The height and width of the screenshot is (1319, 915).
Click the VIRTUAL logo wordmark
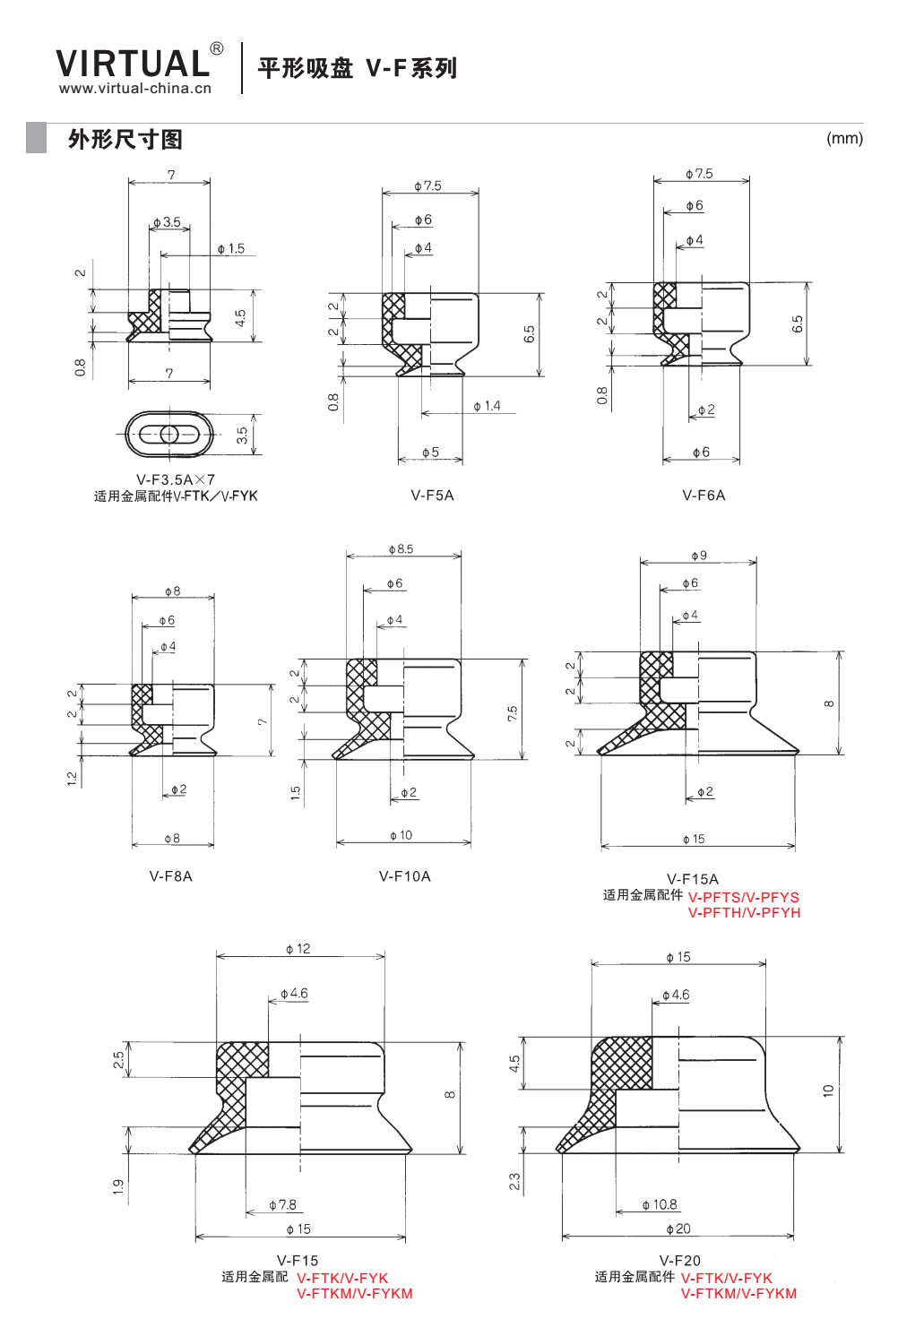coord(133,63)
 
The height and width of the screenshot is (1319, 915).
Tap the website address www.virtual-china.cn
coord(134,89)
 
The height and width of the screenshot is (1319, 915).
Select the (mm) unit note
coord(844,138)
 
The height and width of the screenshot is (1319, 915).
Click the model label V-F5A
coord(432,496)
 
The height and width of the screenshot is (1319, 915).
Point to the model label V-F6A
coord(704,496)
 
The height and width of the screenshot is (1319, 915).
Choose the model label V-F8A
coord(171,876)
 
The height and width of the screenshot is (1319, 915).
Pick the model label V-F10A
coord(404,876)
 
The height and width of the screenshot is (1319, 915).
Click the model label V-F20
coord(680,1261)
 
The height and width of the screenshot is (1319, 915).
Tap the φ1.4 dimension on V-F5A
coord(487,406)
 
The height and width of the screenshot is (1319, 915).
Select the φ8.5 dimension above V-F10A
coord(401,548)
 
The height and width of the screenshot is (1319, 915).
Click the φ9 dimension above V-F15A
coord(699,556)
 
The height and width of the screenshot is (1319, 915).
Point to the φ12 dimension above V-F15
coord(298,949)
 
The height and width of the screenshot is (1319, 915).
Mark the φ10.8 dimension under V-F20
coord(660,1205)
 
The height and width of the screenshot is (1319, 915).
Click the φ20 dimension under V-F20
coord(678,1228)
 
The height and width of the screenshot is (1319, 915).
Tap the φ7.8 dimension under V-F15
coord(282,1205)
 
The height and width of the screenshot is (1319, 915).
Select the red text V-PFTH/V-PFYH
coord(744,913)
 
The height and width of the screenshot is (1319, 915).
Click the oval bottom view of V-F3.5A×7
coord(169,435)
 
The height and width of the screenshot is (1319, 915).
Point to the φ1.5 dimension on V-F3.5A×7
coord(231,248)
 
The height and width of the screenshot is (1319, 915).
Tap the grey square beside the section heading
coord(36,138)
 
